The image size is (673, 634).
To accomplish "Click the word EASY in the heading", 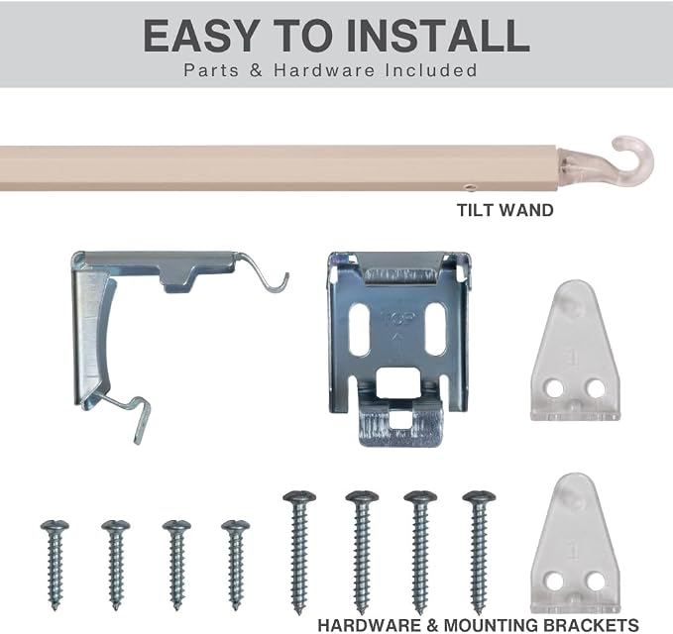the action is tap(201, 36).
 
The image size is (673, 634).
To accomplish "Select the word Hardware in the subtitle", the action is tap(324, 70).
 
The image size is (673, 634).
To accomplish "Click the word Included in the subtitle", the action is tap(430, 70).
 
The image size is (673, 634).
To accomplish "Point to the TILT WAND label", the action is tap(505, 210).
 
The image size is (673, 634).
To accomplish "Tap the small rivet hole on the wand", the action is tap(471, 187).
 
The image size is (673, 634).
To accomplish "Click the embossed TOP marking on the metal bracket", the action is tap(398, 318).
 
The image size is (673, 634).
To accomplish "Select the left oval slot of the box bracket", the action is tap(360, 330).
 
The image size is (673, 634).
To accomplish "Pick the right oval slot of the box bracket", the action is tap(435, 330).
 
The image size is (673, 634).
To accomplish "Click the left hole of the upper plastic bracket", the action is tap(554, 388).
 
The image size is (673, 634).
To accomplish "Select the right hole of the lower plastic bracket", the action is tap(596, 581).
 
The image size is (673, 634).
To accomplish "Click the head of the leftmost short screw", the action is tap(55, 526).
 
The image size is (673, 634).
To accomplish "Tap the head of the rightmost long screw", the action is tap(479, 497).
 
